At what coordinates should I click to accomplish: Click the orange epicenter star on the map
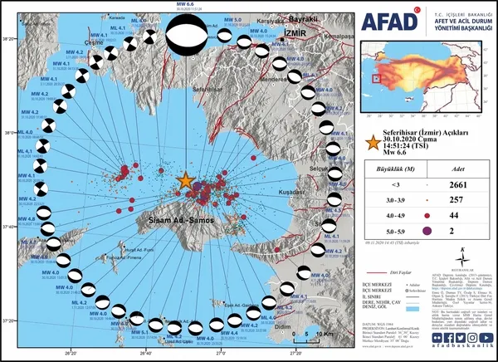pos(185,180)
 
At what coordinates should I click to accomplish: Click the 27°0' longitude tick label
pos(220,352)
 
